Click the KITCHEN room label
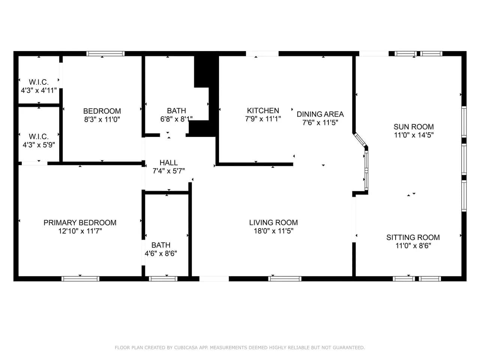pos(263,111)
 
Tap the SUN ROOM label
pos(414,127)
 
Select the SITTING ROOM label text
pos(413,237)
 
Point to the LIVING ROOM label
pos(273,222)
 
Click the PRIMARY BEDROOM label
pos(80,223)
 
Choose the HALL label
pos(169,163)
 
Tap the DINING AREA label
pos(320,114)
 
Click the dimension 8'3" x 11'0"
pos(102,119)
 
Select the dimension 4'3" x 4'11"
pos(39,90)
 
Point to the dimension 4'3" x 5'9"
pos(39,145)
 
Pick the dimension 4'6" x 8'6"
pos(161,253)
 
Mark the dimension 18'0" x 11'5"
pos(273,231)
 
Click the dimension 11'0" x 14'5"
pos(414,135)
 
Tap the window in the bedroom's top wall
pos(105,54)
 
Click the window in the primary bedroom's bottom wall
pos(80,279)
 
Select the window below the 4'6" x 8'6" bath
pos(163,279)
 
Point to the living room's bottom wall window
pos(285,279)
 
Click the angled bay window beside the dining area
pos(360,139)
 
